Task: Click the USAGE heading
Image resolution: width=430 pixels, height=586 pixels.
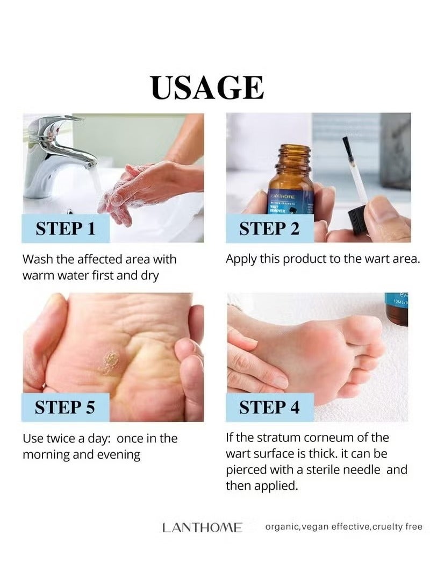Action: click(207, 88)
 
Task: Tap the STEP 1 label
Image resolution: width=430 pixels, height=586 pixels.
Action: click(65, 228)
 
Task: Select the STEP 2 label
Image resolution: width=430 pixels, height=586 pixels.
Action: click(269, 228)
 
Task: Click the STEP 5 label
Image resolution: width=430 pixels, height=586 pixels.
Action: click(65, 408)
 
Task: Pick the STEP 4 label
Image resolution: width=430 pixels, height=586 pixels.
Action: click(269, 408)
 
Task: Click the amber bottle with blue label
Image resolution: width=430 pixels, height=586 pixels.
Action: click(293, 188)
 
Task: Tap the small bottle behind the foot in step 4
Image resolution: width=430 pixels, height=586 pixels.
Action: click(396, 309)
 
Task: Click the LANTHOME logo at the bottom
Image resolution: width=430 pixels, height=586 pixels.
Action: click(202, 527)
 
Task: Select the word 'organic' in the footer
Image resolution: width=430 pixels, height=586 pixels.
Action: click(282, 527)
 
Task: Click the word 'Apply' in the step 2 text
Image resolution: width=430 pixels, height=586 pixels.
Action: click(240, 259)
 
